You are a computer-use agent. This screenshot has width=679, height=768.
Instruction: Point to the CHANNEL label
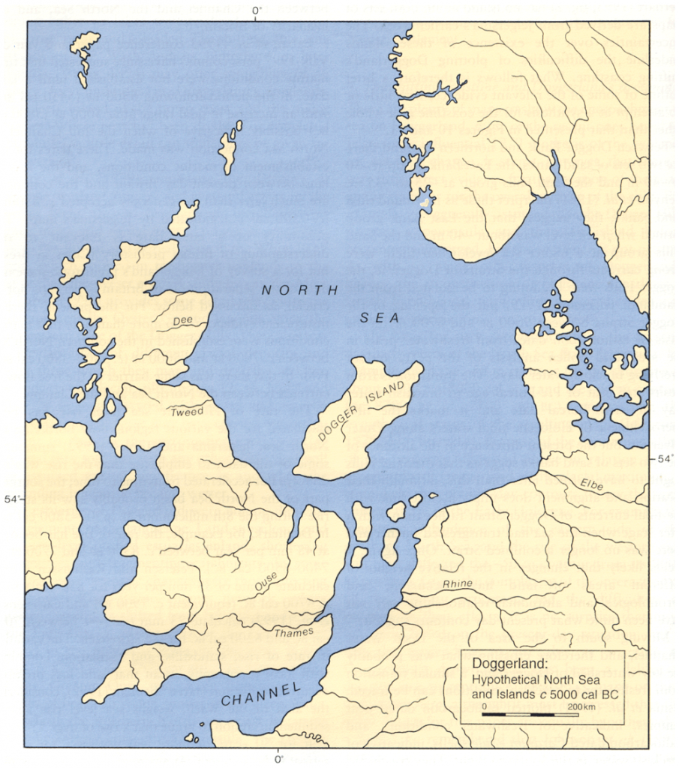(261, 694)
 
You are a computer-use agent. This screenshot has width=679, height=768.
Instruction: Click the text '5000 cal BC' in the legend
(584, 694)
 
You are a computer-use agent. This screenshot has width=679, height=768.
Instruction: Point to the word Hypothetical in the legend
(506, 679)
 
